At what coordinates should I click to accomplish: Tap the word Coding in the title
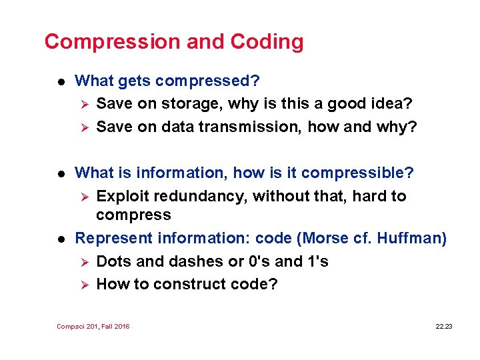[267, 42]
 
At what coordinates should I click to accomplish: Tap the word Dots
[113, 261]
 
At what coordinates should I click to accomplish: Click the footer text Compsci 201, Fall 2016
[93, 327]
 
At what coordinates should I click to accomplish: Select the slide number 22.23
[443, 327]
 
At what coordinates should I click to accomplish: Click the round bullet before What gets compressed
[61, 81]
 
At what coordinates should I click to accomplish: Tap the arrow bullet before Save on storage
[83, 104]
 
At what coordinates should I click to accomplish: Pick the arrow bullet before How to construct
[83, 284]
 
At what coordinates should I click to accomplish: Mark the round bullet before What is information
[61, 173]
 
